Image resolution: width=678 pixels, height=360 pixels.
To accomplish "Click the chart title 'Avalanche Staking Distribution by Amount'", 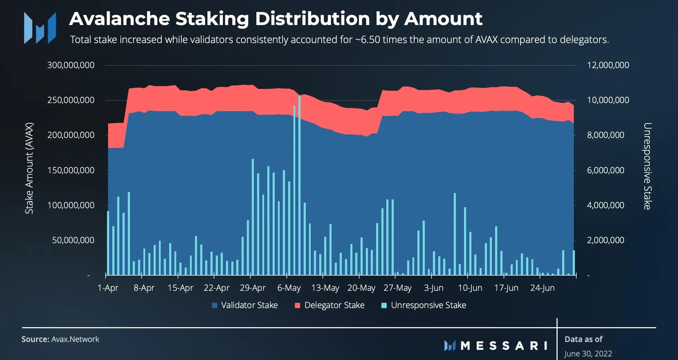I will tap(275, 19).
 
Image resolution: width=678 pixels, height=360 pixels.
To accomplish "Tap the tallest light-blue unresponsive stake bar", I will tap(299, 184).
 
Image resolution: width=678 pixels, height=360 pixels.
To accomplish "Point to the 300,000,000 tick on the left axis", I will tap(71, 65).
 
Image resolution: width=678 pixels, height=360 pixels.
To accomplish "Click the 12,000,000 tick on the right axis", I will tap(608, 65).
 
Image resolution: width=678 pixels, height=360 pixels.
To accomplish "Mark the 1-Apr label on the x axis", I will tap(108, 288).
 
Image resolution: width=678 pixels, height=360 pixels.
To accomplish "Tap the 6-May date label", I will tap(289, 288).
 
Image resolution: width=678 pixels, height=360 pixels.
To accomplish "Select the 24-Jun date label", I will tap(542, 288).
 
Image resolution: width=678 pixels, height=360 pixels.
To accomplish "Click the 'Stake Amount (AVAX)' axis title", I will tap(29, 168).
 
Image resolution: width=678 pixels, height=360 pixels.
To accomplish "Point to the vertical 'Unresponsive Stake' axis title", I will tap(647, 166).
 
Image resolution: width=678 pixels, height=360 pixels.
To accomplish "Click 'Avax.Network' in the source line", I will tap(75, 340).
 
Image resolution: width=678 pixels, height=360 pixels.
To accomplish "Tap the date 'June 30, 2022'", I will tap(588, 354).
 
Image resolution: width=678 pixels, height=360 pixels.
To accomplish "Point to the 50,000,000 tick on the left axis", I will tap(73, 240).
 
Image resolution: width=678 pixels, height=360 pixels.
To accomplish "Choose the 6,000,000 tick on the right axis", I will tap(605, 170).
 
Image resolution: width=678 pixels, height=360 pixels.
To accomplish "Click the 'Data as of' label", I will tap(583, 340).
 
